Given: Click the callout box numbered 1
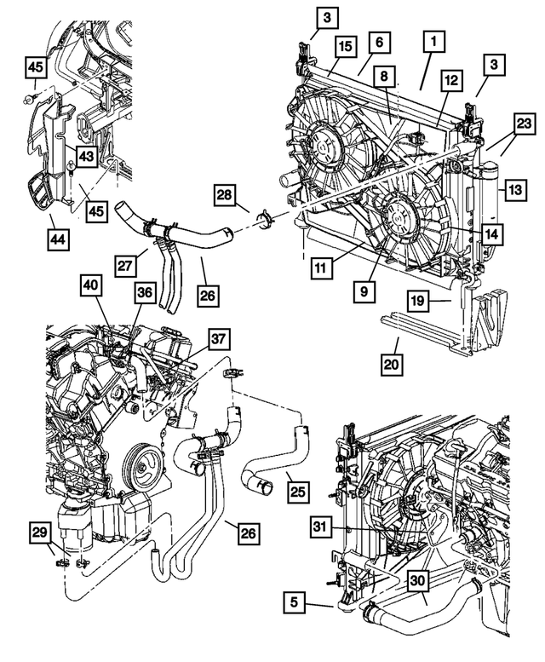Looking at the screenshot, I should (433, 40).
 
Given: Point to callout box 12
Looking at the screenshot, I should (450, 81).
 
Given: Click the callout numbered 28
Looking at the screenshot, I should (225, 197).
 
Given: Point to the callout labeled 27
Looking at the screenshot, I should (127, 265).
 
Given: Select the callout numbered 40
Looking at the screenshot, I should (92, 288).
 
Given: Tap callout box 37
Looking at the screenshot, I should (219, 340).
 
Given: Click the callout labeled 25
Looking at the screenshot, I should (297, 491).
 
